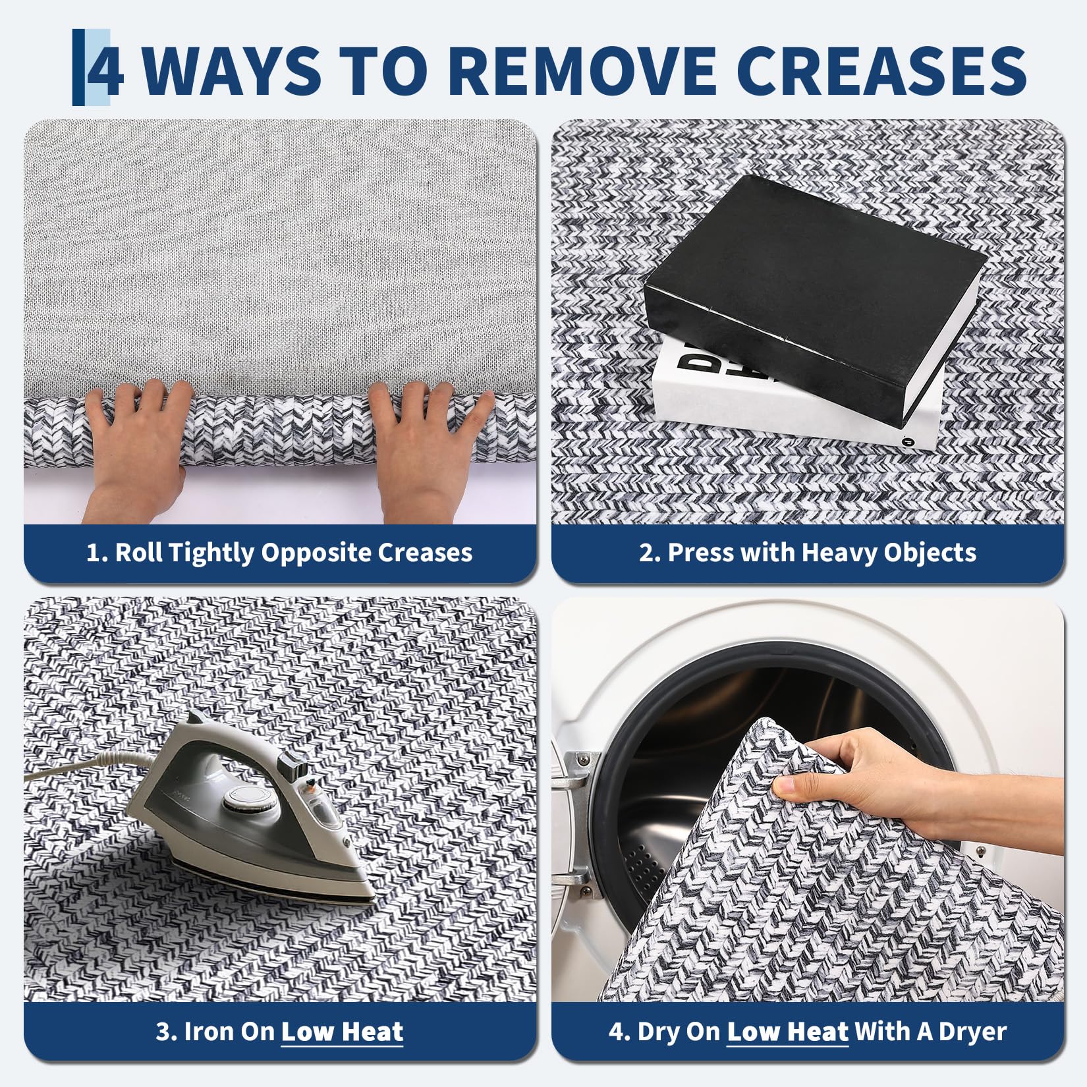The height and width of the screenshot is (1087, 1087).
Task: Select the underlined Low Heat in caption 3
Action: click(x=342, y=1032)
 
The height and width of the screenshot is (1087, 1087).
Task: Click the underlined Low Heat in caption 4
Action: click(x=787, y=1032)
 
